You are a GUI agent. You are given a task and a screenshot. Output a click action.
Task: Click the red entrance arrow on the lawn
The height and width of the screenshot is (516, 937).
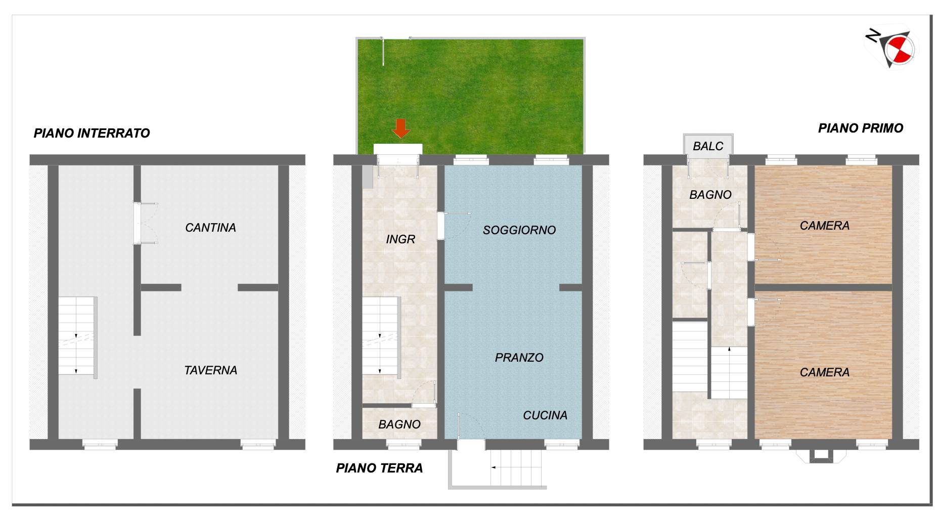[401, 128]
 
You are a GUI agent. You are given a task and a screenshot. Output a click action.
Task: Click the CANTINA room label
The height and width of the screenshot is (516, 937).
[210, 228]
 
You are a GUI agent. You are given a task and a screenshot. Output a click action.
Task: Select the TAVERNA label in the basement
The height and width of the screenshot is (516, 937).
[210, 370]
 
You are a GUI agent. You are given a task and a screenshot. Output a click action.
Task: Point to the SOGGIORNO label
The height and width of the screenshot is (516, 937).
[519, 230]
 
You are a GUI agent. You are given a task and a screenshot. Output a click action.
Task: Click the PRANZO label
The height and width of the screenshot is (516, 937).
[519, 358]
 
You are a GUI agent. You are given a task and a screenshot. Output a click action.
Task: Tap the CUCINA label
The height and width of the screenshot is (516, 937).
[545, 415]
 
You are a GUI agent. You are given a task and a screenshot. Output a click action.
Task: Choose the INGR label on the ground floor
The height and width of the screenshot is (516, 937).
[400, 239]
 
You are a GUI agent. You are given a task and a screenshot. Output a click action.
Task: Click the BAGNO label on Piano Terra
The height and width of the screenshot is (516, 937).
[399, 424]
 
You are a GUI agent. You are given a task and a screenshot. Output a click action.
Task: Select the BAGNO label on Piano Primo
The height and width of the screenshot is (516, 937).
[710, 195]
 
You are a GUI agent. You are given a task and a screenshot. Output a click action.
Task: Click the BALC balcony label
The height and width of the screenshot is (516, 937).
[708, 146]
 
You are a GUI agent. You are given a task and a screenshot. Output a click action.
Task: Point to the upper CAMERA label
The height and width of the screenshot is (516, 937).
[825, 226]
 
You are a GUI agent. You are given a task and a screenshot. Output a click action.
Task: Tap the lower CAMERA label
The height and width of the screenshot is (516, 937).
[825, 372]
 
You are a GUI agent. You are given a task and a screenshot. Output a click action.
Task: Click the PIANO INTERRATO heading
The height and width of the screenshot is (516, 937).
[92, 133]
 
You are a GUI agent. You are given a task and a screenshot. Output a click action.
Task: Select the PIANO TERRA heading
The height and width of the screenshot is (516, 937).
[379, 468]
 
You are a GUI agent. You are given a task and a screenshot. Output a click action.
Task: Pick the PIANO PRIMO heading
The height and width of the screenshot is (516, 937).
[861, 128]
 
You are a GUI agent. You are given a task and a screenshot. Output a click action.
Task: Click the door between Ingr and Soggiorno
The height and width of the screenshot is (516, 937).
[455, 226]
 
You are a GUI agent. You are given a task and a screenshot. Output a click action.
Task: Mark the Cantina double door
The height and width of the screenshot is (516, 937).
[146, 223]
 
